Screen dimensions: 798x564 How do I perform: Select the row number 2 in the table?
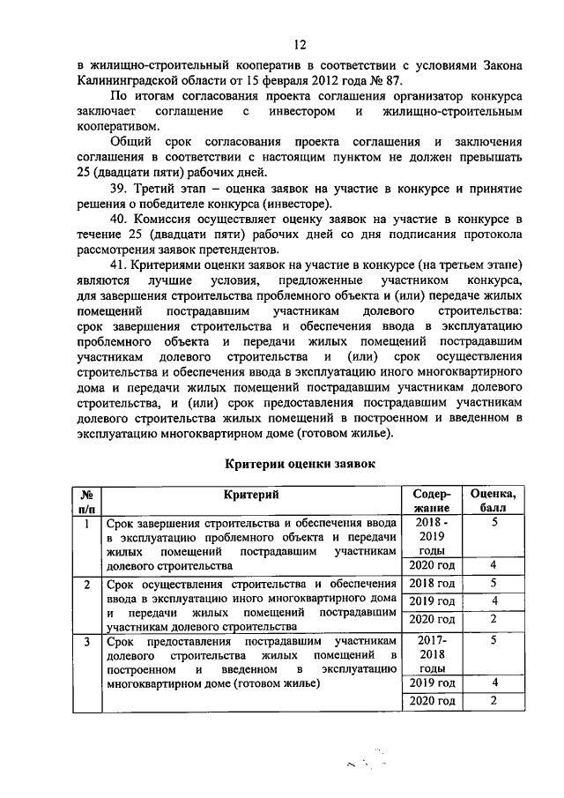tap(86, 584)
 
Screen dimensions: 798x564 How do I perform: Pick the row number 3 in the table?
tap(86, 641)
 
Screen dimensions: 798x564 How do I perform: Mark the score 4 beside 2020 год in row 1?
tap(493, 565)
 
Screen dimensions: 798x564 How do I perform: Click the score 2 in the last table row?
tap(493, 701)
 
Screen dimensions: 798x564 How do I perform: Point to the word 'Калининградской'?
tap(129, 79)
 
